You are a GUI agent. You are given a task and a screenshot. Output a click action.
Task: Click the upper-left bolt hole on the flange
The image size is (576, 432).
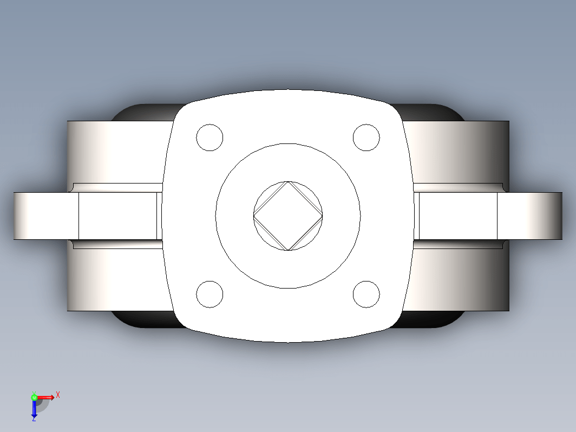click(210, 138)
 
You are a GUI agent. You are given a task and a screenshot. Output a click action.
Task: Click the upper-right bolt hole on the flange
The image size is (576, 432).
click(366, 138)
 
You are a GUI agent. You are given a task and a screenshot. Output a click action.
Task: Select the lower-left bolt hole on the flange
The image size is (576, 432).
click(210, 294)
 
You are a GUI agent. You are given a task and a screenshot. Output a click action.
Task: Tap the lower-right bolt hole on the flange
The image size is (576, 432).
click(366, 294)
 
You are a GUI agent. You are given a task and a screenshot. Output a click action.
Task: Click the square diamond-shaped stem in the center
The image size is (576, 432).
click(288, 216)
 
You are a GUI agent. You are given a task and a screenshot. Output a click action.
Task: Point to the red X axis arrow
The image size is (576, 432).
click(45, 397)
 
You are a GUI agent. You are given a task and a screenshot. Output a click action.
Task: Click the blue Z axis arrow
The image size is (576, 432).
click(34, 408)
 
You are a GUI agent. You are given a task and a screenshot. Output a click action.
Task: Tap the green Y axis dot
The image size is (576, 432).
click(34, 397)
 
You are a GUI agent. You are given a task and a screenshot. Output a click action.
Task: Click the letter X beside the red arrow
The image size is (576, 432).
click(58, 395)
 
